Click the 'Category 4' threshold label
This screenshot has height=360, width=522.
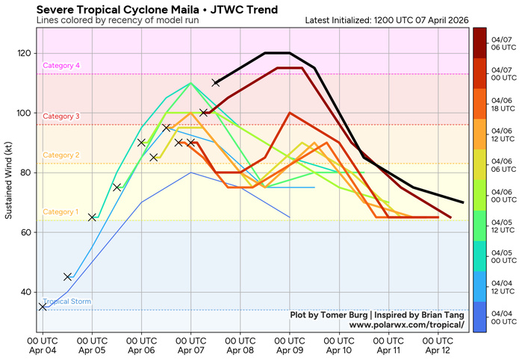point(62,66)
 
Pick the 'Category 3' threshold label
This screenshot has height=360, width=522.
point(62,117)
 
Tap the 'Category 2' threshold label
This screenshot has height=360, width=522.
point(62,155)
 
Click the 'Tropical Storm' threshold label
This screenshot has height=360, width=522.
point(67,302)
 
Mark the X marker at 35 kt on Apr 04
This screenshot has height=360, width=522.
point(43,307)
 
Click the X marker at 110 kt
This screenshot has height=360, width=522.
point(216,83)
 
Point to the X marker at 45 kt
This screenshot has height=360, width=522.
point(68,277)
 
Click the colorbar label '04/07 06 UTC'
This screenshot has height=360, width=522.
point(500,42)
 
